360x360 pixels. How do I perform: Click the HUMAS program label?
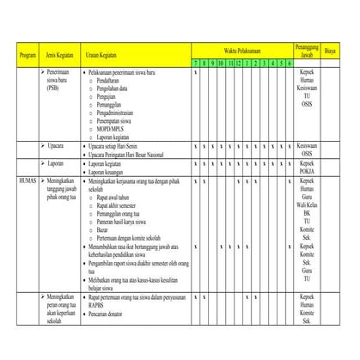coord(27,181)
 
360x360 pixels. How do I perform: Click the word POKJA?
coord(306,170)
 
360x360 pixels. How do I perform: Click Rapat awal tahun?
coord(113,197)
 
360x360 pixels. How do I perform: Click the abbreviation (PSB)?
coord(54,88)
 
